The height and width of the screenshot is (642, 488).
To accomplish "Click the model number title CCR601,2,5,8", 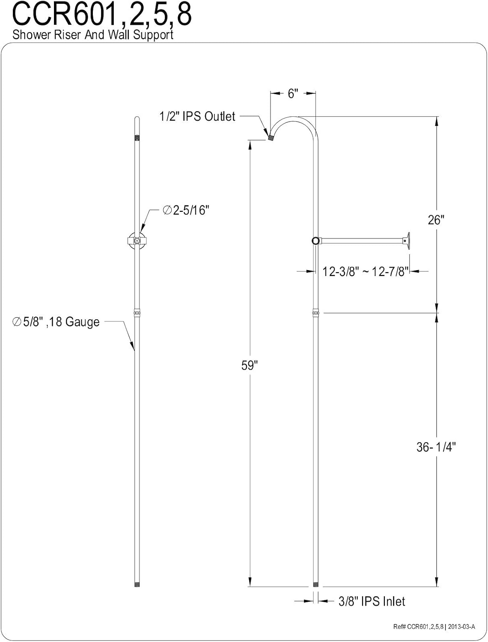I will [102, 15].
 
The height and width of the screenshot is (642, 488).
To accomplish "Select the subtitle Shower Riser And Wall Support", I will [93, 35].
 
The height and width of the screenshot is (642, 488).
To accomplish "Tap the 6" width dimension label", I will [293, 94].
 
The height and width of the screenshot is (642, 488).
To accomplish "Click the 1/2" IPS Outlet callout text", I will [197, 116].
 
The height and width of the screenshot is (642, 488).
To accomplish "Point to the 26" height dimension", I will [436, 220].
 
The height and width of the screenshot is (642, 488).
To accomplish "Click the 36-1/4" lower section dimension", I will [436, 447].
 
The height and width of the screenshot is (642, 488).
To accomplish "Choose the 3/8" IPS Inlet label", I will [372, 601].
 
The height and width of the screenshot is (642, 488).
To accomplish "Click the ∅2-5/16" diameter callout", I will [187, 210].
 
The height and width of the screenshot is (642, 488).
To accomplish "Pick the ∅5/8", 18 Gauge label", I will [56, 322].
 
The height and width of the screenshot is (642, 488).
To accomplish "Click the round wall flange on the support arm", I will [409, 241].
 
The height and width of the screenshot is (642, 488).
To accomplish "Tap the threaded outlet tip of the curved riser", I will [271, 137].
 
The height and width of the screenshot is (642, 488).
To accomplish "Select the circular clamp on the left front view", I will [137, 241].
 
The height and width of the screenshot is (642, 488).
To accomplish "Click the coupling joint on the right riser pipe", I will [316, 313].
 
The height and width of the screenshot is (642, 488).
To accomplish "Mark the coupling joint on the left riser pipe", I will [137, 313].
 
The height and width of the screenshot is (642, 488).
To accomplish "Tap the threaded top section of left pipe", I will [137, 138].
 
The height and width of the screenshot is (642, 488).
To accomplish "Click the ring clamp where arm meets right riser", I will [316, 241].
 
